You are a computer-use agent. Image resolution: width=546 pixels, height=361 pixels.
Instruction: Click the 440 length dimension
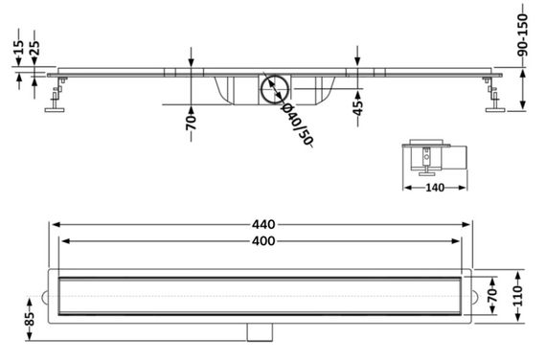(x=263, y=224)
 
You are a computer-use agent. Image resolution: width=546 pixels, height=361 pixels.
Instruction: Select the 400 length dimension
(x=263, y=241)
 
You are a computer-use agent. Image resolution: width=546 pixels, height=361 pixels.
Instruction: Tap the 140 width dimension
(x=435, y=188)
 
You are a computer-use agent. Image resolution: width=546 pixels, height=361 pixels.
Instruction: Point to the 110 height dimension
(x=519, y=296)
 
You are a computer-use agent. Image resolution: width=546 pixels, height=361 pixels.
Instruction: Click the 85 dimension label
(x=30, y=319)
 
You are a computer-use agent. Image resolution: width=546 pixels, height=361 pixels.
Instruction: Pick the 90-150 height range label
(x=522, y=34)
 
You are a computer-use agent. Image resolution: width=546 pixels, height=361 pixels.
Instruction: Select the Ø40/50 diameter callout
(x=296, y=124)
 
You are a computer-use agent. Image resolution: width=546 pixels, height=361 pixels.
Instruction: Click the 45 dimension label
(x=357, y=107)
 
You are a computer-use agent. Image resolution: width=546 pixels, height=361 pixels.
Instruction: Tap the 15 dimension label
(x=19, y=47)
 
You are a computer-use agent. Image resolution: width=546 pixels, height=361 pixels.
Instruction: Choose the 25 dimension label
(x=34, y=48)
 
